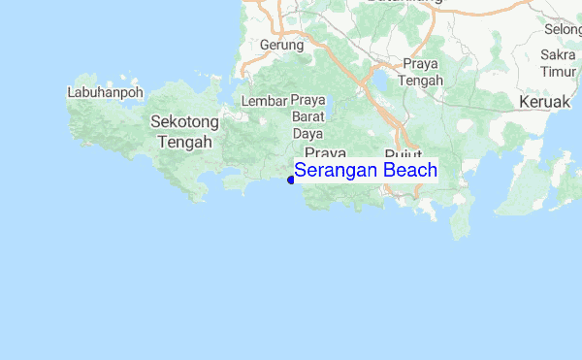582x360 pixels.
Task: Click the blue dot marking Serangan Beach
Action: [291, 179]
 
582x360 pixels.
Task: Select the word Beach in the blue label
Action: [409, 171]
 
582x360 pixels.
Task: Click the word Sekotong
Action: [183, 122]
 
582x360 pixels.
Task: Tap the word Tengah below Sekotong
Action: [183, 141]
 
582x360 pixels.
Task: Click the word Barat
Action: [307, 117]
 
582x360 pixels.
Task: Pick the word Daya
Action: [307, 133]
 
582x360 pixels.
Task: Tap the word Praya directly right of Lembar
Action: [307, 101]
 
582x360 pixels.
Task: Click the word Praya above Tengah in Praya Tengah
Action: [421, 64]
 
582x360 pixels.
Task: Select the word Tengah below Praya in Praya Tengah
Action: [421, 80]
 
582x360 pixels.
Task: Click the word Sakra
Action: [558, 56]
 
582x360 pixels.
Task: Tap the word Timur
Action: [558, 72]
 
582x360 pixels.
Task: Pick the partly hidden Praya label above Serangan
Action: [325, 153]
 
